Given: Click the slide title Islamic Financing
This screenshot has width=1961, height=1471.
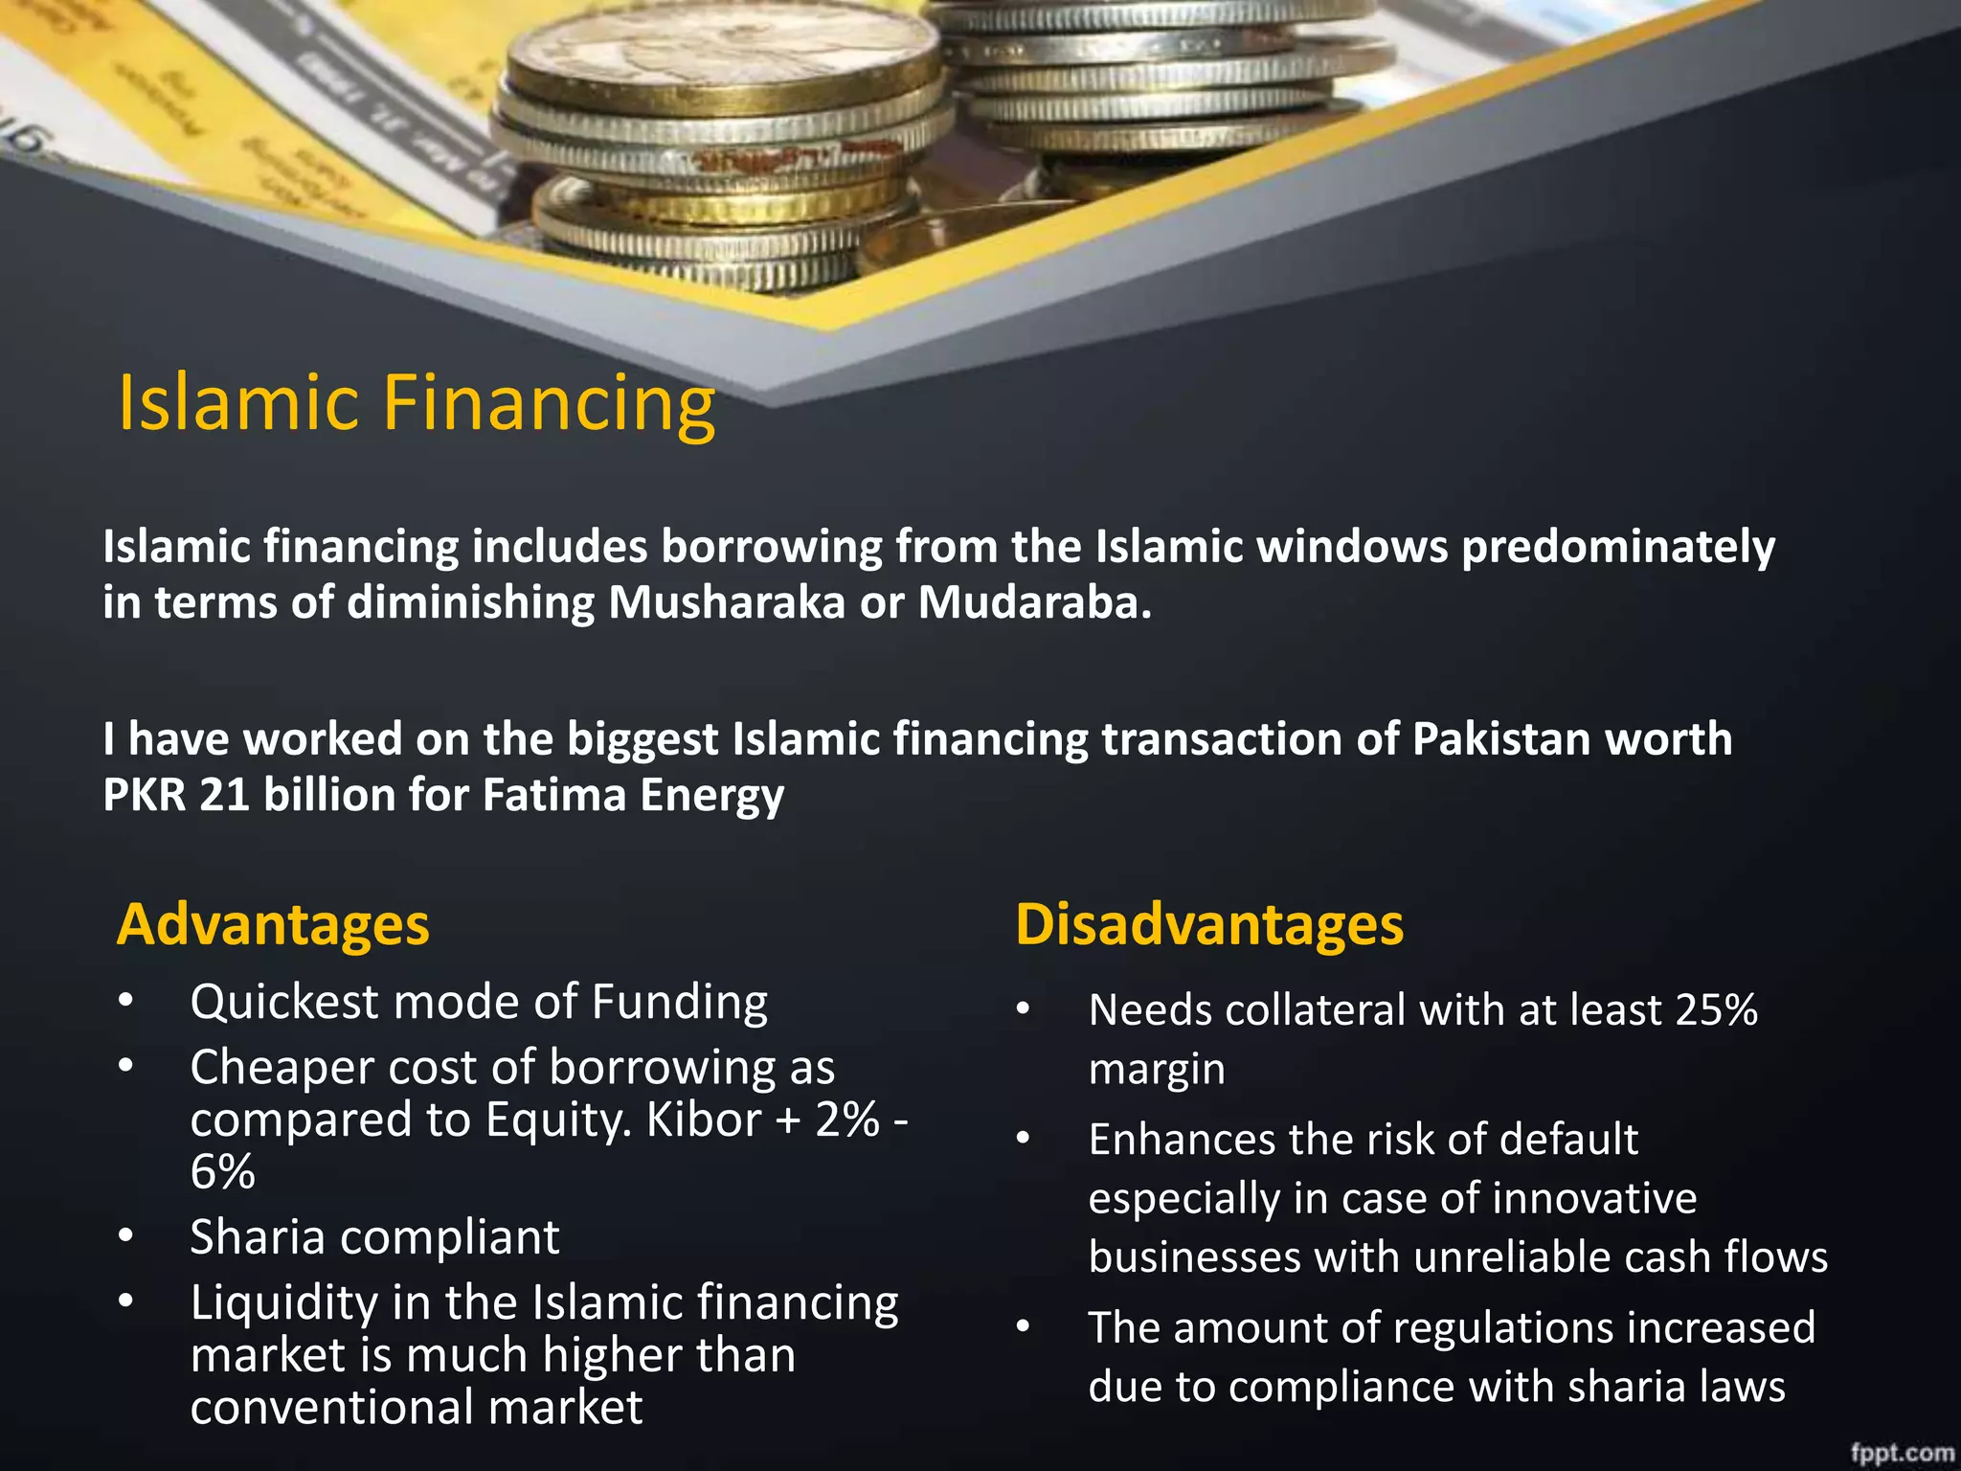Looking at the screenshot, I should [417, 403].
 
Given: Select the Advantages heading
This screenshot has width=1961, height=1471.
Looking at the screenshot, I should [273, 925].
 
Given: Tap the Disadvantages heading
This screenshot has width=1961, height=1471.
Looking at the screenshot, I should [1209, 925].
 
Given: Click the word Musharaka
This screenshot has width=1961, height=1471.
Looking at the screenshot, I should [727, 602].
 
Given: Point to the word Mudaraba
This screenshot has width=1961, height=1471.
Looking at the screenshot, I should [1034, 602].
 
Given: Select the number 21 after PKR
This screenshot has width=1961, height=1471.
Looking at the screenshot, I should [224, 795].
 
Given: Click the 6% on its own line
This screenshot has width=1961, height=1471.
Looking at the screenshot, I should [222, 1172].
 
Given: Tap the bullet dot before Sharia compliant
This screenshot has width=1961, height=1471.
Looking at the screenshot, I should [125, 1236].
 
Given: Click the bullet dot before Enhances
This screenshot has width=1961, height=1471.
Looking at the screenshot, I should [1024, 1139].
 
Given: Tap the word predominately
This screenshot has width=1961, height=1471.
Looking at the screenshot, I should [1617, 548].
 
